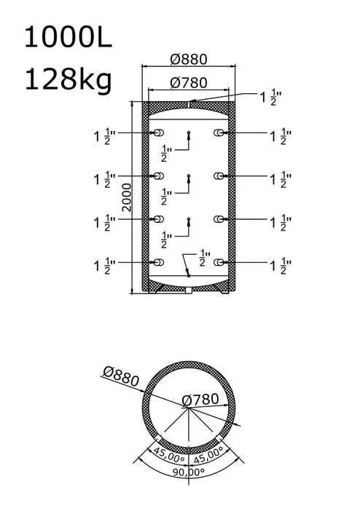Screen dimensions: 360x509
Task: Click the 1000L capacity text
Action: (x=68, y=37)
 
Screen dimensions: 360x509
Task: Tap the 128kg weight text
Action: (x=68, y=81)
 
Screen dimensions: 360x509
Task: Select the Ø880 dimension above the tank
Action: (x=189, y=59)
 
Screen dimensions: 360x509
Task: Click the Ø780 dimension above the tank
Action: (x=189, y=82)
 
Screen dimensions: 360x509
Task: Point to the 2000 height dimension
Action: (x=126, y=197)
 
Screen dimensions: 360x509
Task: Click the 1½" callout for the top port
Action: (x=270, y=97)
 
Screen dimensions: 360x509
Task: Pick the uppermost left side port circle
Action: (x=159, y=133)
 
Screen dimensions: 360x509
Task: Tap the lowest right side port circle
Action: (x=219, y=262)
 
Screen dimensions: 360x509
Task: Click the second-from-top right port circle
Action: (x=219, y=176)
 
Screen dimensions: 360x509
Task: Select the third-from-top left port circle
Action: (x=159, y=219)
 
